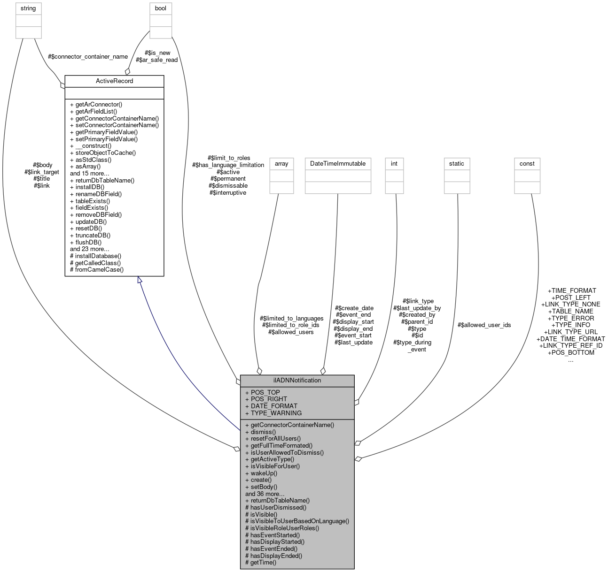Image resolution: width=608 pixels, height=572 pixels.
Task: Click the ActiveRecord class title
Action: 114,81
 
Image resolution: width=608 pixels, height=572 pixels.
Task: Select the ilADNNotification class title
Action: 297,381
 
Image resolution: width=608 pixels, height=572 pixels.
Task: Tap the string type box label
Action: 28,8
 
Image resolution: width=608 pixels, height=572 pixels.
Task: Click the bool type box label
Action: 161,8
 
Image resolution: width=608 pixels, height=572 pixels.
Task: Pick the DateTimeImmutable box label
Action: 337,164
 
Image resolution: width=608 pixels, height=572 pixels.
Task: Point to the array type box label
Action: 281,164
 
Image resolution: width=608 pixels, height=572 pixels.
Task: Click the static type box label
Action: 456,164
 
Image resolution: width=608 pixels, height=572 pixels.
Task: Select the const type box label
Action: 527,164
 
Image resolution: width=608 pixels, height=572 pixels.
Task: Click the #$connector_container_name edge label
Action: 87,57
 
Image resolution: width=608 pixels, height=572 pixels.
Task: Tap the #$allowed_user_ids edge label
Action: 484,325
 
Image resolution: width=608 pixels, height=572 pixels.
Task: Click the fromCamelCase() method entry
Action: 96,270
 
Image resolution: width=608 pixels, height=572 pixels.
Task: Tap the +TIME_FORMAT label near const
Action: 571,291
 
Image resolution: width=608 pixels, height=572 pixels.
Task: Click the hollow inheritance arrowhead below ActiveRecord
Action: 140,280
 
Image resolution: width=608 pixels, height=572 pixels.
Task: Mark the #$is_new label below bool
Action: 157,53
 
